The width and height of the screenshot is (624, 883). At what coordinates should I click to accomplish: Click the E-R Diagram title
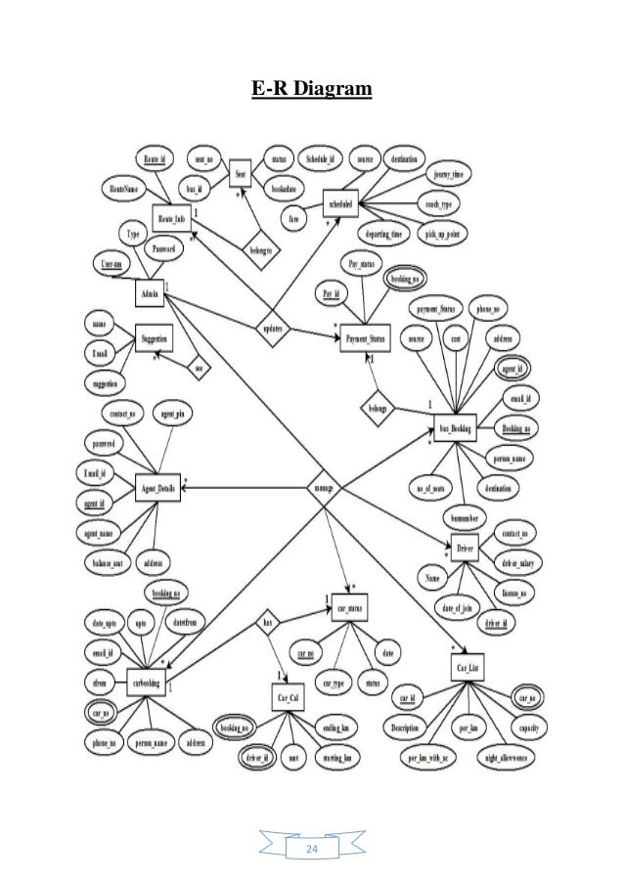coord(311,91)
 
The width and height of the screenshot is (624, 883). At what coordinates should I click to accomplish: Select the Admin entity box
coord(151,292)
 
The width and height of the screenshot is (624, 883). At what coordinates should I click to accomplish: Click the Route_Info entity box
coord(171,217)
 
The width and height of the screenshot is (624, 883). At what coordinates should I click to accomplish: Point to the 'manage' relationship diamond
coord(322,486)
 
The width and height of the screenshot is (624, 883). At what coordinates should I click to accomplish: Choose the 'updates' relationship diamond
coord(272,331)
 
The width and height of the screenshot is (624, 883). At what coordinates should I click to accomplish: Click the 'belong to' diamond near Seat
coord(258,250)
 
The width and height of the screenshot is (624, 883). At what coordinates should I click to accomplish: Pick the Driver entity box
coord(465,545)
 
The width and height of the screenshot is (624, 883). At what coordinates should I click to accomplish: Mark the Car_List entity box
coord(468,668)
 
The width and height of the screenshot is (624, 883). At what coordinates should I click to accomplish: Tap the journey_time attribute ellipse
coord(452,174)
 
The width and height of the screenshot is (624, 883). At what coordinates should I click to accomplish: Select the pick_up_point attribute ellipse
coord(445,236)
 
